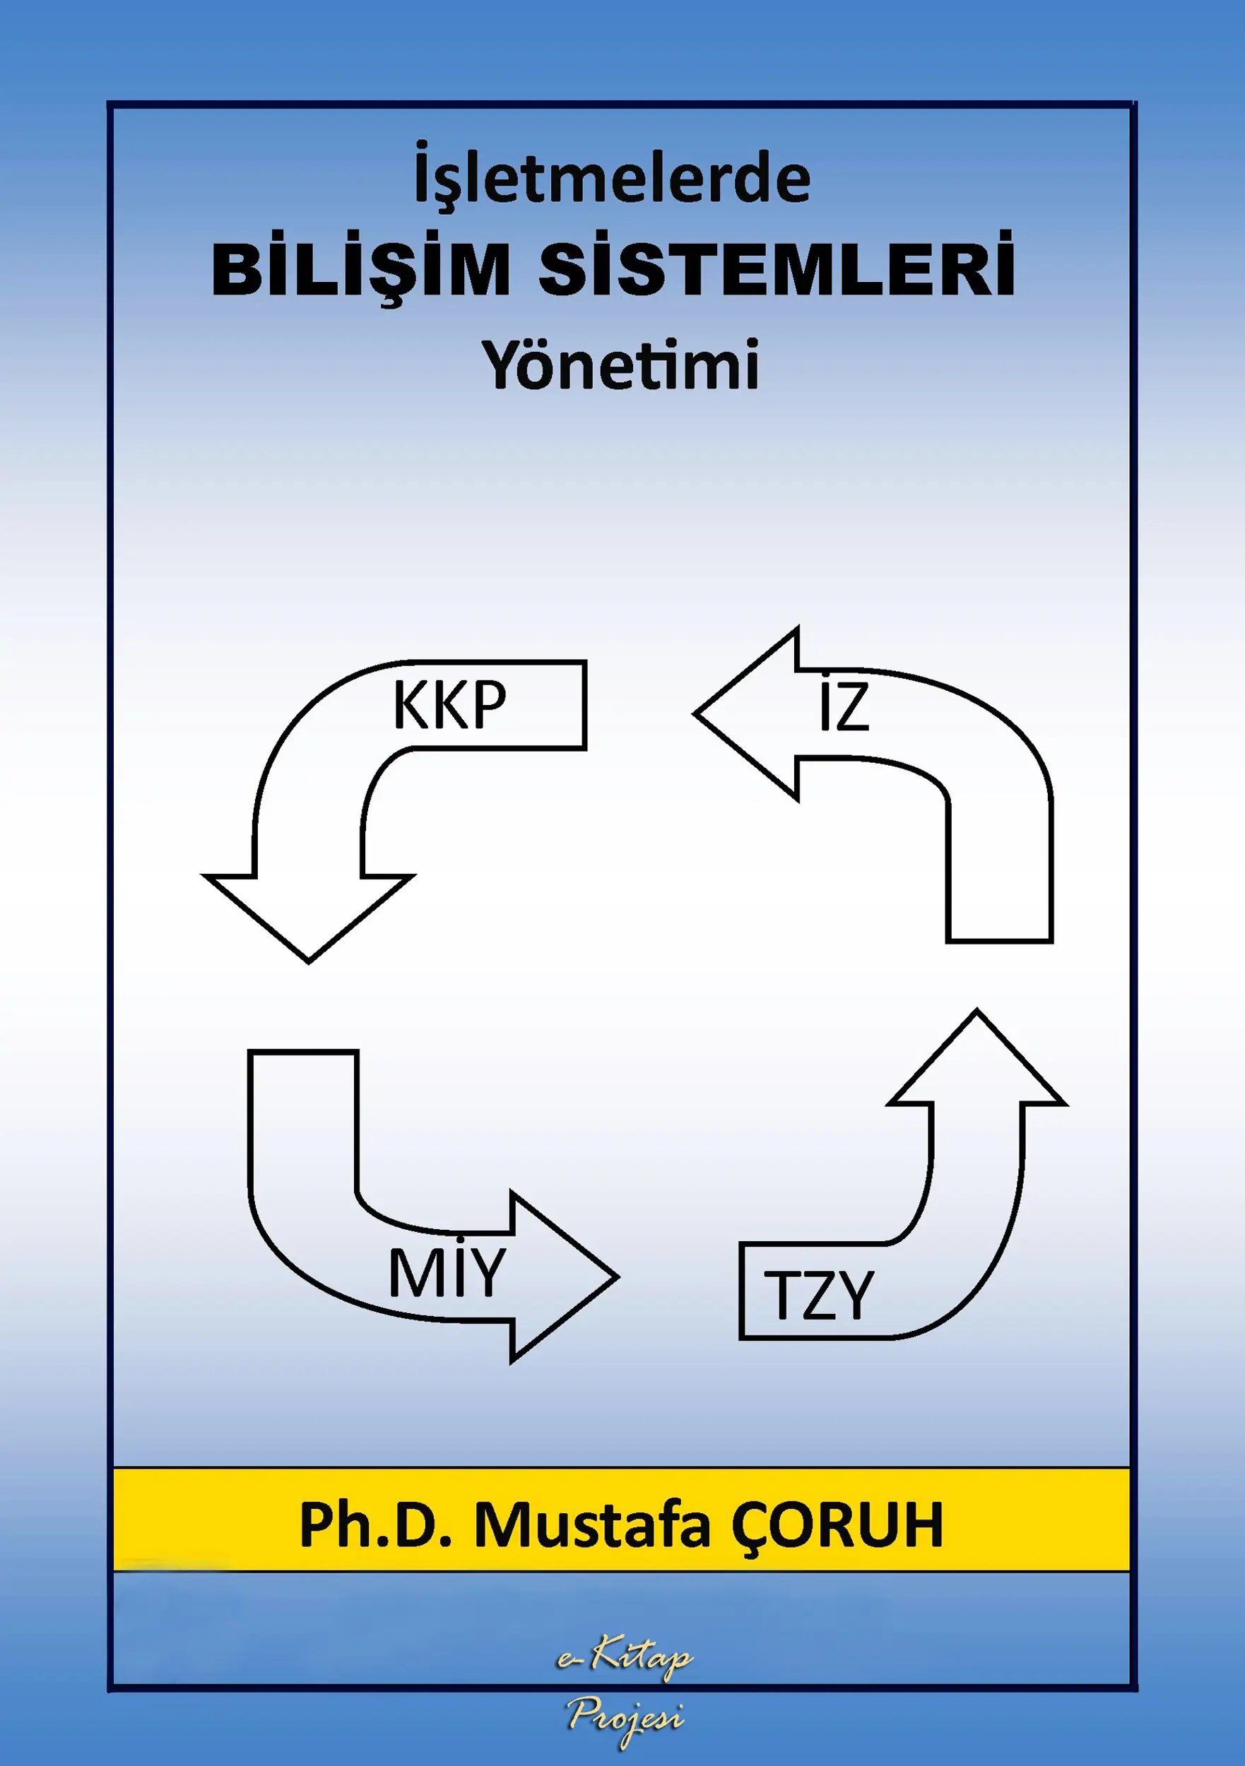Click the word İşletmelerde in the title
tap(612, 179)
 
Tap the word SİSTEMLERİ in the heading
tap(777, 269)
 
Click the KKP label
tap(449, 704)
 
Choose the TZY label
tap(818, 1296)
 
